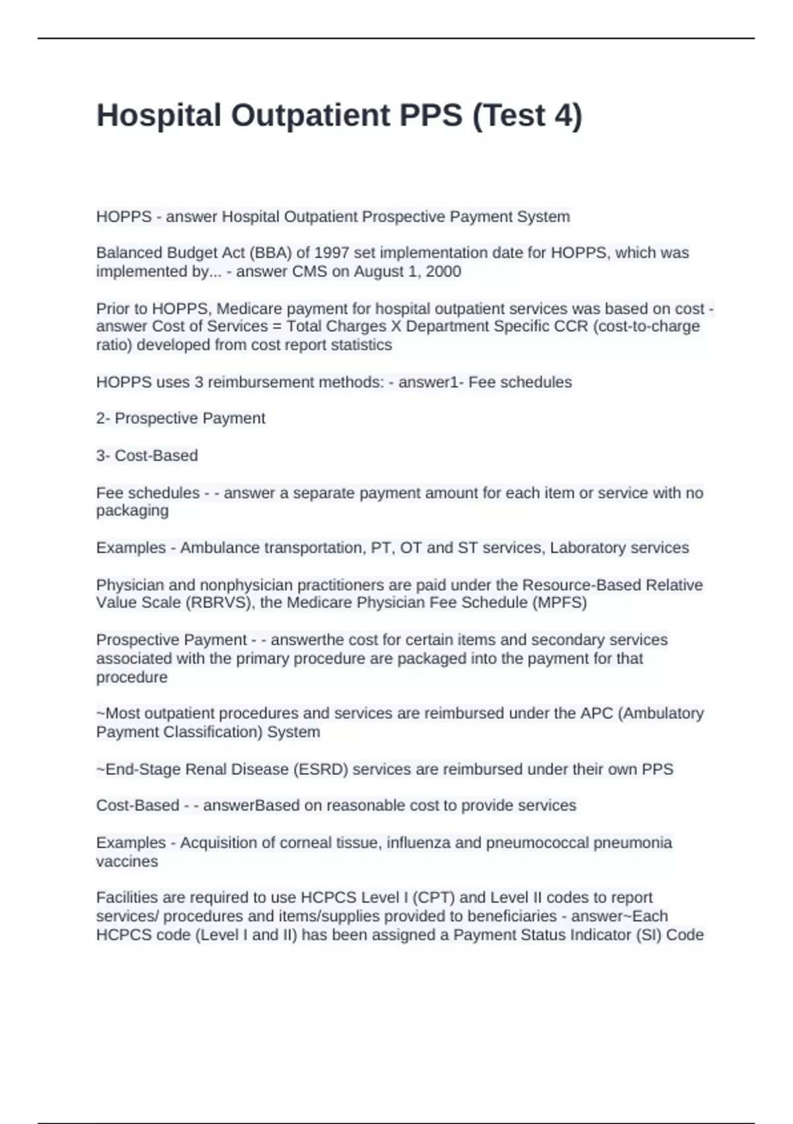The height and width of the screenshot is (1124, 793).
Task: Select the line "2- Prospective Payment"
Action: [x=180, y=419]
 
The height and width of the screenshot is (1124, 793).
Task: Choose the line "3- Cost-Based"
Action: [x=147, y=456]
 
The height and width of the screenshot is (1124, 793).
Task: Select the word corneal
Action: [x=307, y=843]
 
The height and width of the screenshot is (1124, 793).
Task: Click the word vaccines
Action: [x=127, y=862]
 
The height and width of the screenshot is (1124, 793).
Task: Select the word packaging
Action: [x=132, y=511]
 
